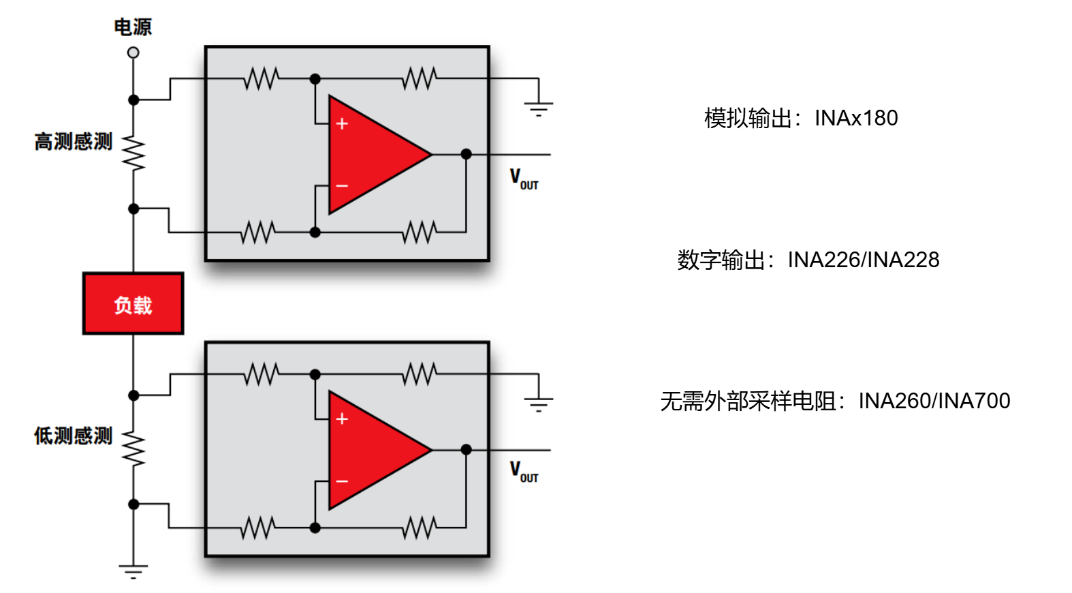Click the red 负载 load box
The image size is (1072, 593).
(x=133, y=304)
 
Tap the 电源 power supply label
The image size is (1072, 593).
(x=133, y=27)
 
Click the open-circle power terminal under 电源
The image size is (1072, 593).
(x=133, y=52)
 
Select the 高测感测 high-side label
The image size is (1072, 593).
(x=74, y=142)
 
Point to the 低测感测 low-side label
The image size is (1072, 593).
(x=74, y=436)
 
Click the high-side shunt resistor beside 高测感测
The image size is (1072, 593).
(x=133, y=154)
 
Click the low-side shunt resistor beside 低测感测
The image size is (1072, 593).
(x=133, y=448)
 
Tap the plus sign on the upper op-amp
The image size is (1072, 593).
(x=342, y=123)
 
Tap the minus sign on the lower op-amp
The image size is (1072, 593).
(x=342, y=481)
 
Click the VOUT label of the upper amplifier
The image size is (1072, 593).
(x=524, y=179)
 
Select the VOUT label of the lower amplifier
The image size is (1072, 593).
(x=524, y=472)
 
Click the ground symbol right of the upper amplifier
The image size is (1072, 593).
(x=538, y=108)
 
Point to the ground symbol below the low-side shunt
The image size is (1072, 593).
(x=133, y=571)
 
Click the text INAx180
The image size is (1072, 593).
(x=856, y=118)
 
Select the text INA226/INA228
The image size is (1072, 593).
(x=864, y=260)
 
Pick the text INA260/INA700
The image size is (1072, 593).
(x=934, y=401)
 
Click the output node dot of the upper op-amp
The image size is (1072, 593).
(x=466, y=154)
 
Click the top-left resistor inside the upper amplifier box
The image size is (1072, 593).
(x=262, y=78)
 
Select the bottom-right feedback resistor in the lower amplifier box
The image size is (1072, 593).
(x=419, y=528)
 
